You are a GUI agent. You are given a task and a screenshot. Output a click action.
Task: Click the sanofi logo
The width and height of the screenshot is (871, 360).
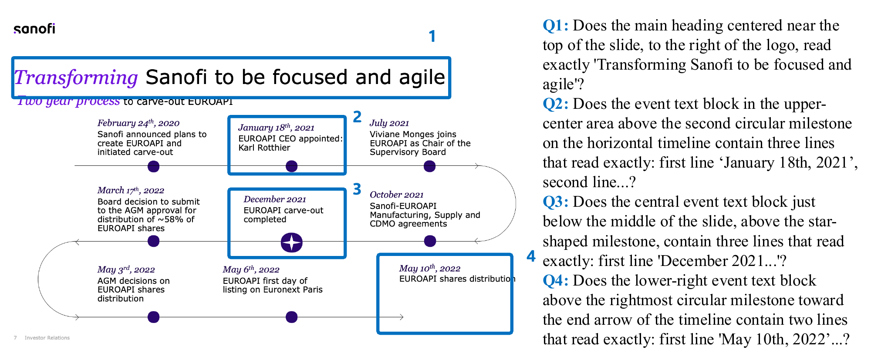tap(34, 29)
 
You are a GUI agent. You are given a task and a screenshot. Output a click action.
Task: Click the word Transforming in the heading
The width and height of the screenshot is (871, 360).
tap(76, 77)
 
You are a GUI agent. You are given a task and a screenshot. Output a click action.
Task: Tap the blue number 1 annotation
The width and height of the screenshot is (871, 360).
tap(432, 36)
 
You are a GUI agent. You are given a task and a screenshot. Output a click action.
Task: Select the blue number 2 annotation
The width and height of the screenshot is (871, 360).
tap(357, 117)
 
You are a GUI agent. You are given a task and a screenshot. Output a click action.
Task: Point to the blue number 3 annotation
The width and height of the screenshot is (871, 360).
tap(357, 189)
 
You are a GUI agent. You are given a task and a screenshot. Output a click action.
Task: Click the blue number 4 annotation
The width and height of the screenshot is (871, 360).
tap(531, 256)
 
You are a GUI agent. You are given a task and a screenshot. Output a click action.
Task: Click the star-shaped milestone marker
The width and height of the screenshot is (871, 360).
tap(291, 242)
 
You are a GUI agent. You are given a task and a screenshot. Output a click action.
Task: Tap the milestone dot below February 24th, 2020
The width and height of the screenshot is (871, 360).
tap(153, 166)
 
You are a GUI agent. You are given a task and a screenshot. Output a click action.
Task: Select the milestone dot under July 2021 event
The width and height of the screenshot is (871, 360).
tap(429, 166)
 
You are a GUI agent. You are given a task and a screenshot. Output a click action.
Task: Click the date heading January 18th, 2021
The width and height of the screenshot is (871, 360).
tap(276, 128)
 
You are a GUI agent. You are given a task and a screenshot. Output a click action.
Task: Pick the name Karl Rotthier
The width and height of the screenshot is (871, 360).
tap(264, 148)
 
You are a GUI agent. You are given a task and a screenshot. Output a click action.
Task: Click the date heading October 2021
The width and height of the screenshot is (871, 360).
tap(396, 195)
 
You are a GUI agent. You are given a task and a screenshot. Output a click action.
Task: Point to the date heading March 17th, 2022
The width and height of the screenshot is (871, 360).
tap(131, 190)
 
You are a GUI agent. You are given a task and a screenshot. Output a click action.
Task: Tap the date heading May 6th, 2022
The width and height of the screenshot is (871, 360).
tap(251, 269)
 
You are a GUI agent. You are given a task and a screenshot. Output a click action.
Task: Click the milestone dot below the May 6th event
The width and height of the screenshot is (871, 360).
tap(291, 317)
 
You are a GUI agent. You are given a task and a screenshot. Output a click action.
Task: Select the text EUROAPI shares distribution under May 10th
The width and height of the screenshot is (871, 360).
tap(456, 279)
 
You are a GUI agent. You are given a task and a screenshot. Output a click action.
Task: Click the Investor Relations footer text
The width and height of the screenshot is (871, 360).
tap(47, 338)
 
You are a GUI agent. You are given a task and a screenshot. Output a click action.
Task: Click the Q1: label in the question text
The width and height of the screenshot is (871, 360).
tap(555, 25)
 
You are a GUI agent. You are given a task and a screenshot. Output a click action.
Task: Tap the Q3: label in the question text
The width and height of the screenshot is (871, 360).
tap(555, 202)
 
